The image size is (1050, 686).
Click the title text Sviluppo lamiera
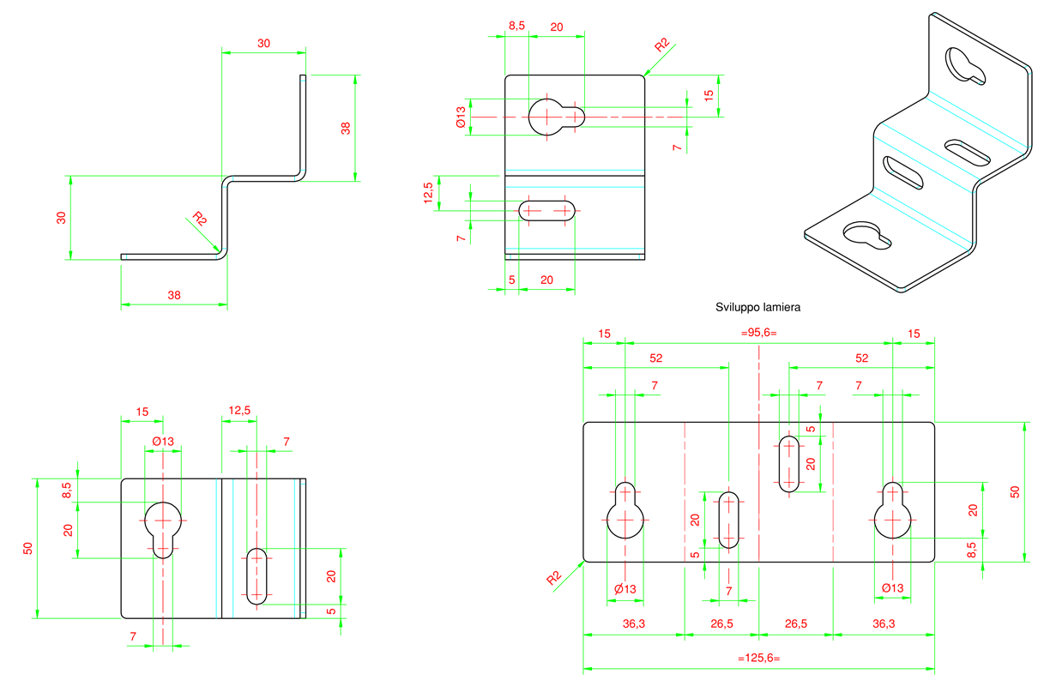tap(757, 307)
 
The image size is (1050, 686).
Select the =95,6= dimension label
tap(758, 333)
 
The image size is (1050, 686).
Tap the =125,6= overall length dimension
tap(759, 658)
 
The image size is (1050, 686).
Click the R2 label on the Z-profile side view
tap(200, 219)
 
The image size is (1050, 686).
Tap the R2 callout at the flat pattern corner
tap(553, 578)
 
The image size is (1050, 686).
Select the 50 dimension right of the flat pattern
tap(1015, 492)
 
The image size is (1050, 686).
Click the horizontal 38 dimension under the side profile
tap(174, 295)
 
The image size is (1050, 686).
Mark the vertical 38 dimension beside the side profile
tap(346, 128)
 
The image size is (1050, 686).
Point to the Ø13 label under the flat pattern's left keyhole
tap(625, 589)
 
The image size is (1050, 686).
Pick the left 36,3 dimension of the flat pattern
tap(634, 623)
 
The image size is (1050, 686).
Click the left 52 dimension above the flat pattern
tap(655, 358)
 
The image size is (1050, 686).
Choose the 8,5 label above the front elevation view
tap(516, 26)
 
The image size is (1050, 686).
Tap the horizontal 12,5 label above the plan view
tap(239, 411)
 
